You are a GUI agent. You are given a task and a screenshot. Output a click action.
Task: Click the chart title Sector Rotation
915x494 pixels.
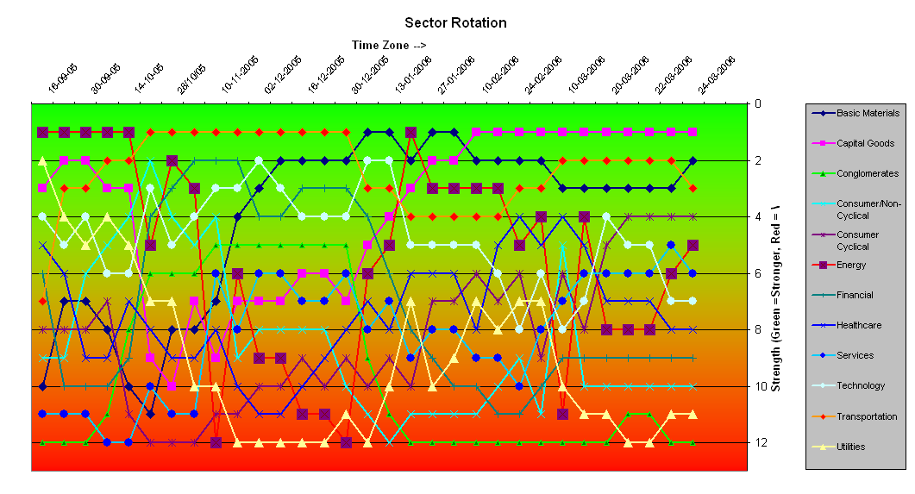pyautogui.click(x=455, y=23)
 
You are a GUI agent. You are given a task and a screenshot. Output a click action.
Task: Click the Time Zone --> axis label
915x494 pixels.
pyautogui.click(x=389, y=45)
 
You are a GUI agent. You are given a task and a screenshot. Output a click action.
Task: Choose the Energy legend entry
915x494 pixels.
pyautogui.click(x=851, y=265)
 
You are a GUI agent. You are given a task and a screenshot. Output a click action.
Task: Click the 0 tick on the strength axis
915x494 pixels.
pyautogui.click(x=757, y=104)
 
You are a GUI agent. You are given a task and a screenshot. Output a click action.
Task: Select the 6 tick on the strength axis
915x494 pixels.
pyautogui.click(x=757, y=273)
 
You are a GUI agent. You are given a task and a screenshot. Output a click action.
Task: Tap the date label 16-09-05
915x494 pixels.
pyautogui.click(x=63, y=76)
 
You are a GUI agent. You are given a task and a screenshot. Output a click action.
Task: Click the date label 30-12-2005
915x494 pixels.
pyautogui.click(x=370, y=74)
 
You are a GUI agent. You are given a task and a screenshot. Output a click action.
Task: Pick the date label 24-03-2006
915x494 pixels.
pyautogui.click(x=716, y=74)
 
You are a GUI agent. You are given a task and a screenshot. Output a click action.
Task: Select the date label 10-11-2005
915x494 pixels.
pyautogui.click(x=239, y=74)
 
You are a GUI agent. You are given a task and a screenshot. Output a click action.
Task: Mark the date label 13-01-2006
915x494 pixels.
pyautogui.click(x=413, y=74)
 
